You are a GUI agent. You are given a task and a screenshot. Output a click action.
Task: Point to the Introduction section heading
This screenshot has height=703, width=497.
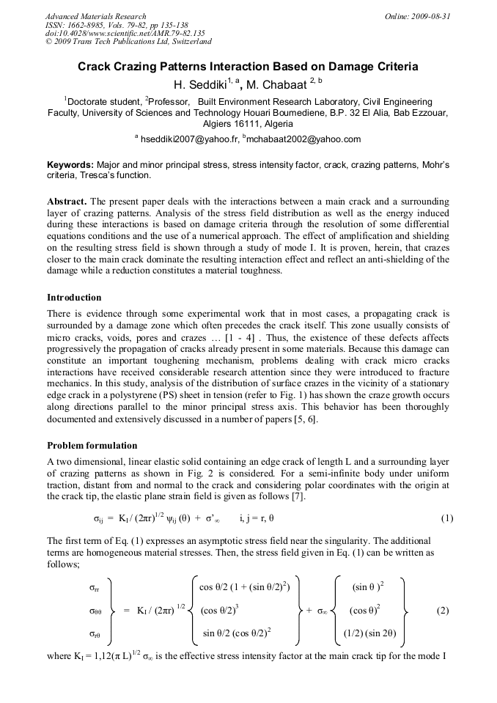pyautogui.click(x=74, y=298)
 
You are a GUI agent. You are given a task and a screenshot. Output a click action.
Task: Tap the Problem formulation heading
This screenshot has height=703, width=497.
pyautogui.click(x=92, y=446)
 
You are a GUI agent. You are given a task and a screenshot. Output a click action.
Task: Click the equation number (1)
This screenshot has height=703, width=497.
pyautogui.click(x=446, y=518)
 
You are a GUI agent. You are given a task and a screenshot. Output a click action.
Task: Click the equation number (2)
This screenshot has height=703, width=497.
pyautogui.click(x=442, y=610)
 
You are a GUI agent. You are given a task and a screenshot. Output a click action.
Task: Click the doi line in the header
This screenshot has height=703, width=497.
pyautogui.click(x=125, y=33)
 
